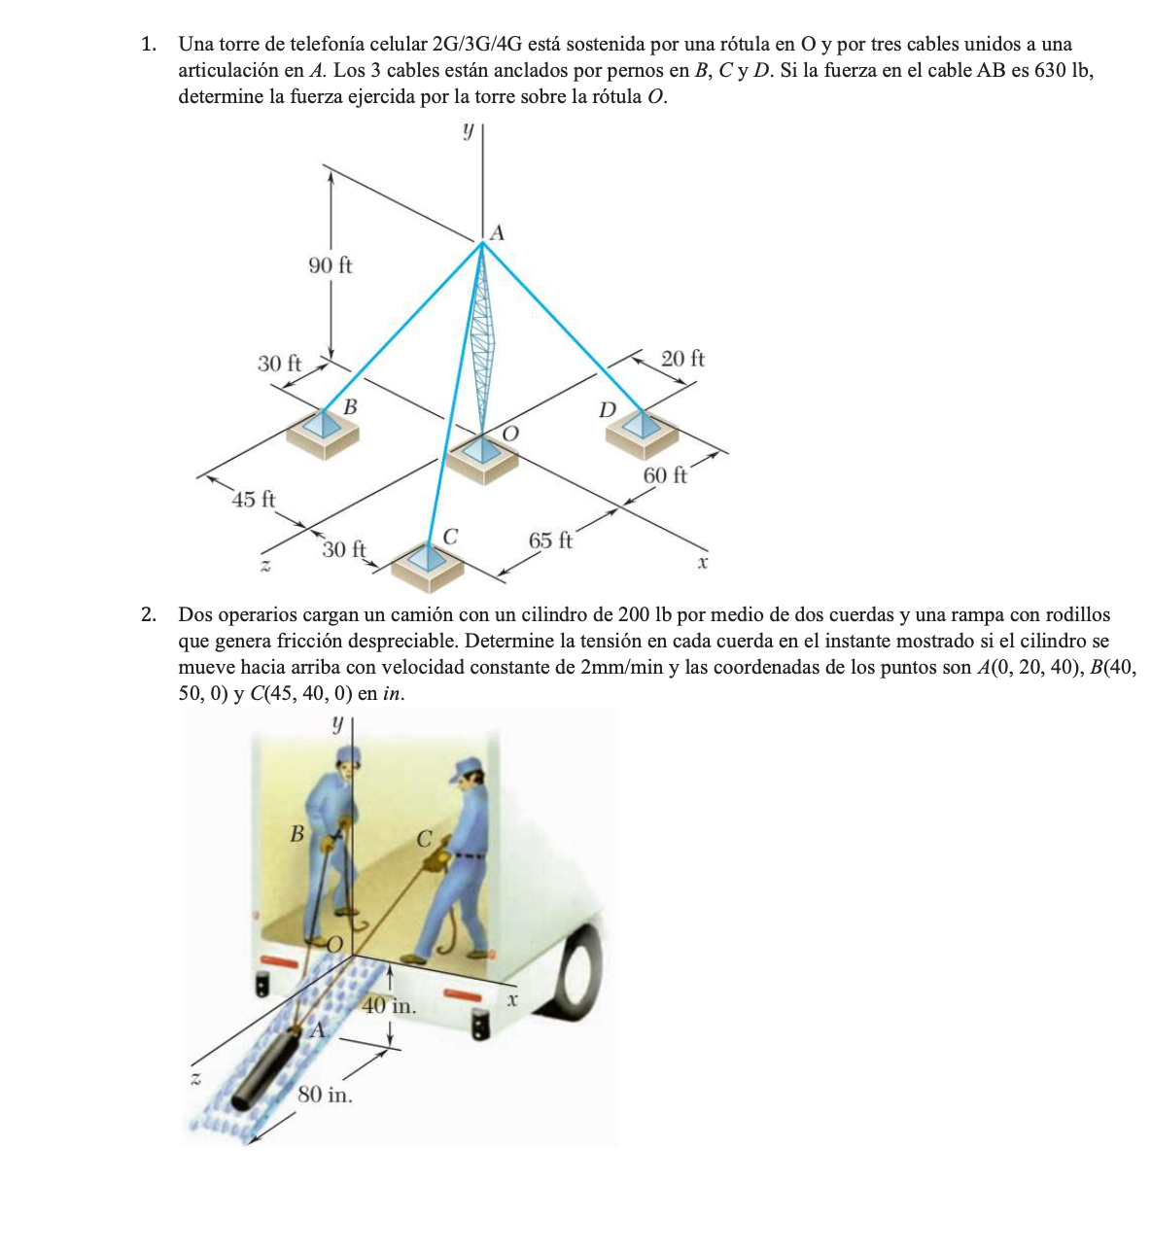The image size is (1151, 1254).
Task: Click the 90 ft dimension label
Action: [x=331, y=265]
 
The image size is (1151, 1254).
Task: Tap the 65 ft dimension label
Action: [x=550, y=540]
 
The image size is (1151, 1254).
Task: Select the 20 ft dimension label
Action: [x=682, y=359]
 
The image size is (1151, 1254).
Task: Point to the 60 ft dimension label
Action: [x=665, y=475]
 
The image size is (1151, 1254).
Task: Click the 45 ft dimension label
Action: [x=254, y=500]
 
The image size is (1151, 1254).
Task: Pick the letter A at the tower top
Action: [x=498, y=233]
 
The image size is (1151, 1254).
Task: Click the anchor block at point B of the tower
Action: [x=322, y=431]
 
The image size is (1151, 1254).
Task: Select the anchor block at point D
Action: [x=642, y=431]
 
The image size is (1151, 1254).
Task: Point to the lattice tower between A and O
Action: [x=480, y=340]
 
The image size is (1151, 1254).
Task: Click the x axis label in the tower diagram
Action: [x=702, y=563]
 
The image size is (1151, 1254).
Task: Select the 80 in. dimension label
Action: [x=325, y=1095]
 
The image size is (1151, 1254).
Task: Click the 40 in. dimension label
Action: [x=390, y=1006]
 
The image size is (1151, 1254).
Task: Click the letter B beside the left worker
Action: [x=297, y=833]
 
